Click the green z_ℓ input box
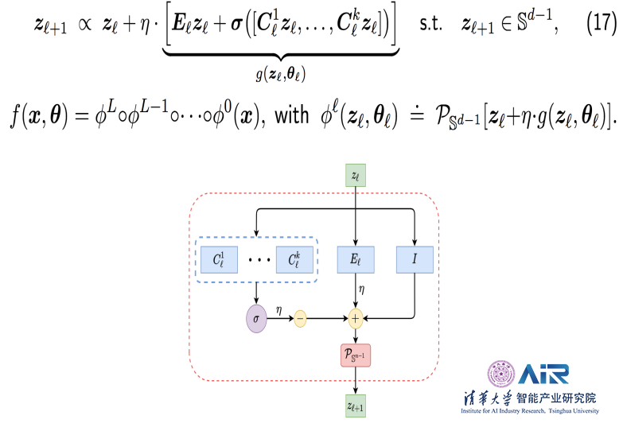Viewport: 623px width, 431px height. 355,175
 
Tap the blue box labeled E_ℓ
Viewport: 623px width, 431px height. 354,259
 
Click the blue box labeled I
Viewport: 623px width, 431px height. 415,259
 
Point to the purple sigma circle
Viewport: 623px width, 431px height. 256,318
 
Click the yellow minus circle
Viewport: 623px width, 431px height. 301,318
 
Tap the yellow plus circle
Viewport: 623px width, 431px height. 355,318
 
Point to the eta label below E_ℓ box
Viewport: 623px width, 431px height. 362,291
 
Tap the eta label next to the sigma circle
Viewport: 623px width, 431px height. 278,309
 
